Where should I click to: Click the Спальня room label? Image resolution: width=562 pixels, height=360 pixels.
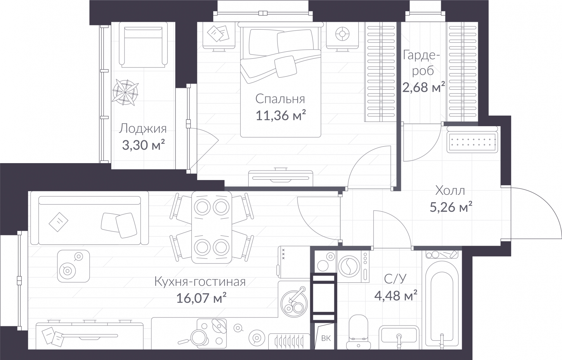(280, 99)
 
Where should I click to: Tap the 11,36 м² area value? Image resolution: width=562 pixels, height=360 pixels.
(281, 115)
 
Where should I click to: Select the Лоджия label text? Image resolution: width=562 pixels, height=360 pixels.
(143, 129)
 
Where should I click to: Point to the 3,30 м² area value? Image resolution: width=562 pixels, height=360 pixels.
(143, 145)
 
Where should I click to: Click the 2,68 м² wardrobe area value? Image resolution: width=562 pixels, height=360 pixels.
(424, 87)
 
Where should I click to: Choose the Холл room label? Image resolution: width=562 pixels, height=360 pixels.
(450, 191)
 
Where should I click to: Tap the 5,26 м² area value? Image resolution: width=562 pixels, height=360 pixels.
(451, 207)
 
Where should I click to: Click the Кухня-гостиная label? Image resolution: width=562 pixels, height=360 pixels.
(200, 282)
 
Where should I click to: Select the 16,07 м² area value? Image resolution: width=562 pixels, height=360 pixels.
(202, 298)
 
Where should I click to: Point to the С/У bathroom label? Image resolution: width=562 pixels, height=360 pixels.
(395, 279)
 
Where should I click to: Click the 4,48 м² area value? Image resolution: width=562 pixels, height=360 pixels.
(396, 295)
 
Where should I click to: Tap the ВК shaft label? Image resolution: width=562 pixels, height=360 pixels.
(326, 339)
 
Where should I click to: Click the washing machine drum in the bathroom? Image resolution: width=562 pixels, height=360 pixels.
(349, 266)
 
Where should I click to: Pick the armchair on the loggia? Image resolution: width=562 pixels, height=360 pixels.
(143, 45)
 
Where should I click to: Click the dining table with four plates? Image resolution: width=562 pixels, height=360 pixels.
(211, 227)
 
